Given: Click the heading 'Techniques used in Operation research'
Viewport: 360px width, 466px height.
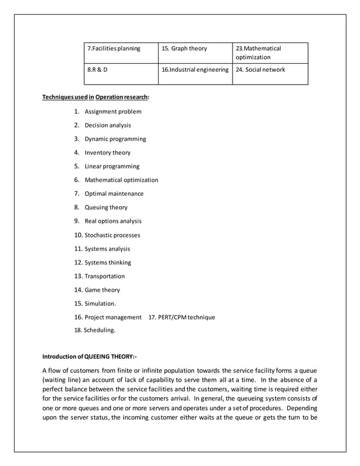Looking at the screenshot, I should [96, 98].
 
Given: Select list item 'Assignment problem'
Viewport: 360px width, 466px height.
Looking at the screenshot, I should [113, 112].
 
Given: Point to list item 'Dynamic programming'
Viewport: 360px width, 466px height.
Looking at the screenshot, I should [115, 139].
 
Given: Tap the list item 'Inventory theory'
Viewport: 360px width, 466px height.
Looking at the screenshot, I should [107, 153].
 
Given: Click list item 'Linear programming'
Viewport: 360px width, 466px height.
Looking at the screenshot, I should [112, 166].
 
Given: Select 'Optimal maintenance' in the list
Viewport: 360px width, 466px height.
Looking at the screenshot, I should [114, 194].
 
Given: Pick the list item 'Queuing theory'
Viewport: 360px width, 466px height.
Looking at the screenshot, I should [106, 208].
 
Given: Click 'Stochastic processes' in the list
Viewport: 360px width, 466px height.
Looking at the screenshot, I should [112, 235].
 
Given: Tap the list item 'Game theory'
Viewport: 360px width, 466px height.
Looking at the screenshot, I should [102, 290].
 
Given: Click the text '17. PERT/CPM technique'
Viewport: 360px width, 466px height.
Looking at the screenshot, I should [181, 318].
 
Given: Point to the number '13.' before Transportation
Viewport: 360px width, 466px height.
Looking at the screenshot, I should [78, 276].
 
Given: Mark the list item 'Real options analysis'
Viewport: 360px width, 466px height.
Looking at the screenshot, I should [113, 221].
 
